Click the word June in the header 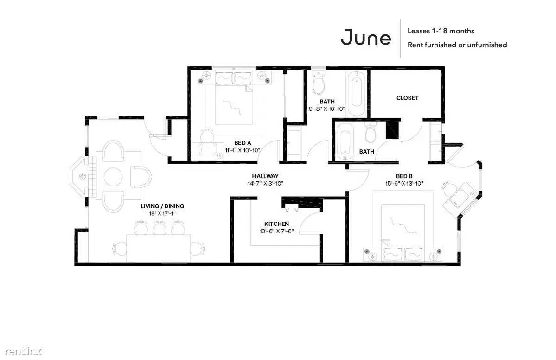(366, 37)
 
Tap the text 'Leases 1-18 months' (441, 31)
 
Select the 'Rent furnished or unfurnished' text (457, 45)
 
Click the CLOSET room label (408, 98)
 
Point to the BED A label (243, 143)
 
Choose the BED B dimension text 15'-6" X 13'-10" (404, 183)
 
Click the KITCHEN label (276, 224)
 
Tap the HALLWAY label (265, 176)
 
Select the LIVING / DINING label (162, 206)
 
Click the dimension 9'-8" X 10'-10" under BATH (327, 109)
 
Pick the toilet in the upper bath (319, 82)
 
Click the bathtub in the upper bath (356, 92)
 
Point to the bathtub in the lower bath (344, 141)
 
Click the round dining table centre (113, 176)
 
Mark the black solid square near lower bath (392, 130)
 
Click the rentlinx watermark (24, 351)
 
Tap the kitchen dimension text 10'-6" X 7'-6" (276, 231)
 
